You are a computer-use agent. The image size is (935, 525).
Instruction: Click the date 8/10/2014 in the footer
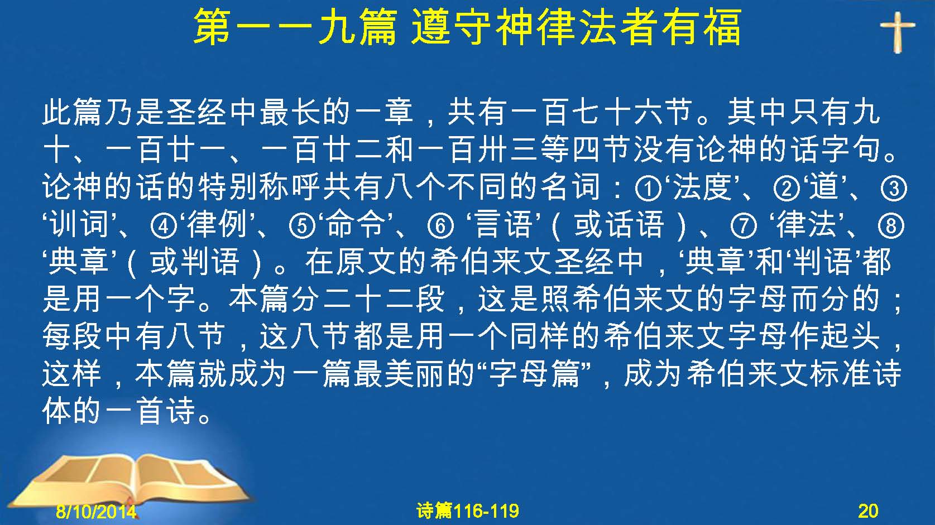coord(96,511)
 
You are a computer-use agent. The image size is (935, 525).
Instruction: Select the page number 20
coord(868,511)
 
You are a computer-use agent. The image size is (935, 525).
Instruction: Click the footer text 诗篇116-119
coord(468,511)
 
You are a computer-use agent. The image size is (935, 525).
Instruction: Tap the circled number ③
coord(894,188)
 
